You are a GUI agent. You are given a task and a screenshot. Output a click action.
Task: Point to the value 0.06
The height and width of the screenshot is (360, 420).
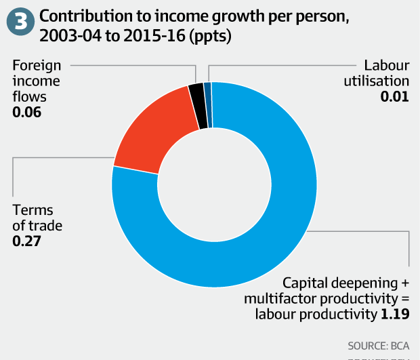coord(27,111)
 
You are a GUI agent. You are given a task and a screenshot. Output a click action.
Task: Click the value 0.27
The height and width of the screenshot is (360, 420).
coord(27,240)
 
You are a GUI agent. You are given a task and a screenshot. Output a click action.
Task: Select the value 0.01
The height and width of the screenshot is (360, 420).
coord(395,96)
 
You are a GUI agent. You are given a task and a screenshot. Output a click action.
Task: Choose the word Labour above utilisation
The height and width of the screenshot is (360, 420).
coord(387,66)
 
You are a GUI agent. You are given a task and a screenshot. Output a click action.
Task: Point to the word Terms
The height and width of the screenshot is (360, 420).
coord(29,210)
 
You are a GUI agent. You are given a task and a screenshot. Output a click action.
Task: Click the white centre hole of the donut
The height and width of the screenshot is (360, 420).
coord(214,183)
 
